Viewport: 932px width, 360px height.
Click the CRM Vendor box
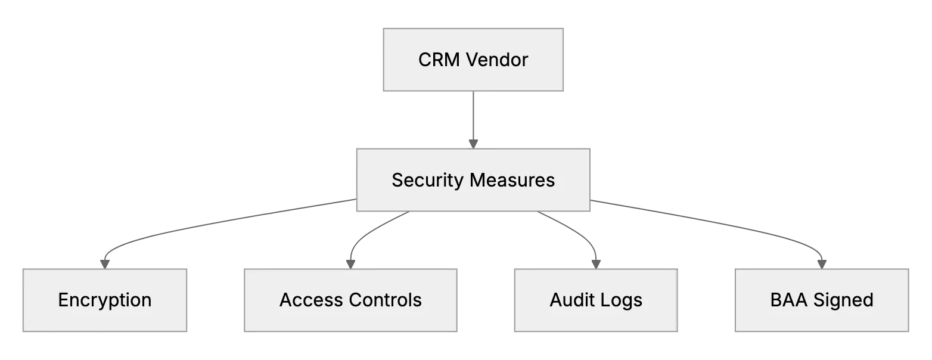[x=473, y=60]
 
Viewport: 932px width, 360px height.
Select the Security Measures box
[x=473, y=180]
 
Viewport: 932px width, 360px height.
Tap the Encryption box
[x=105, y=300]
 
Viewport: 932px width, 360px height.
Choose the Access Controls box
[x=350, y=300]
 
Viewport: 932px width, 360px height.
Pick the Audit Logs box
[x=596, y=300]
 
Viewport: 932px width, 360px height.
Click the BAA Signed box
[x=822, y=300]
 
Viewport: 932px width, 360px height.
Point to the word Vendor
[x=497, y=60]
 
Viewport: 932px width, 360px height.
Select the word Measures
[x=512, y=180]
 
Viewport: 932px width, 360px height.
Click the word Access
[x=311, y=300]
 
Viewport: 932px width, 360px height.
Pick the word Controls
[x=386, y=300]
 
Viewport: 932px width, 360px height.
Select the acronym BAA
[x=788, y=300]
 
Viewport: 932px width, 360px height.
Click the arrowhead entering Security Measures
[x=473, y=144]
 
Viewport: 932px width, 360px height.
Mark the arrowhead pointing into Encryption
[x=105, y=264]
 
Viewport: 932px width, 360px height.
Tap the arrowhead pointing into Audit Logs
[x=596, y=264]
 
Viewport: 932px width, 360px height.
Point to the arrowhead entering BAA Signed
[x=822, y=264]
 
